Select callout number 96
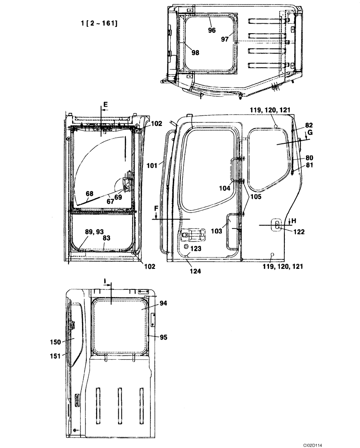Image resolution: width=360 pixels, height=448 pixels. pos(212,30)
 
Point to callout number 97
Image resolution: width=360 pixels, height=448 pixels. pos(225,39)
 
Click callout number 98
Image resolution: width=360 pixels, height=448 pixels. pos(195,52)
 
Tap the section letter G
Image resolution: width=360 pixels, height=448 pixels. pos(310,134)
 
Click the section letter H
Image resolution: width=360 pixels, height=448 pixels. pos(294,220)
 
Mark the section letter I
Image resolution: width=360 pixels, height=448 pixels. pos(105,281)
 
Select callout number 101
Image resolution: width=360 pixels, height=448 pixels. pos(153,165)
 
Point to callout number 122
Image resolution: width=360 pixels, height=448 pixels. pos(299,232)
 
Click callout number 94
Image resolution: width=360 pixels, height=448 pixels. pos(163,303)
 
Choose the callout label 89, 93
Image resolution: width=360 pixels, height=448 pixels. pos(93,232)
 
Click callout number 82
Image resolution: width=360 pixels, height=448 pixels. pos(309,125)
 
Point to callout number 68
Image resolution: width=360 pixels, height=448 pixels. pos(90,194)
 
